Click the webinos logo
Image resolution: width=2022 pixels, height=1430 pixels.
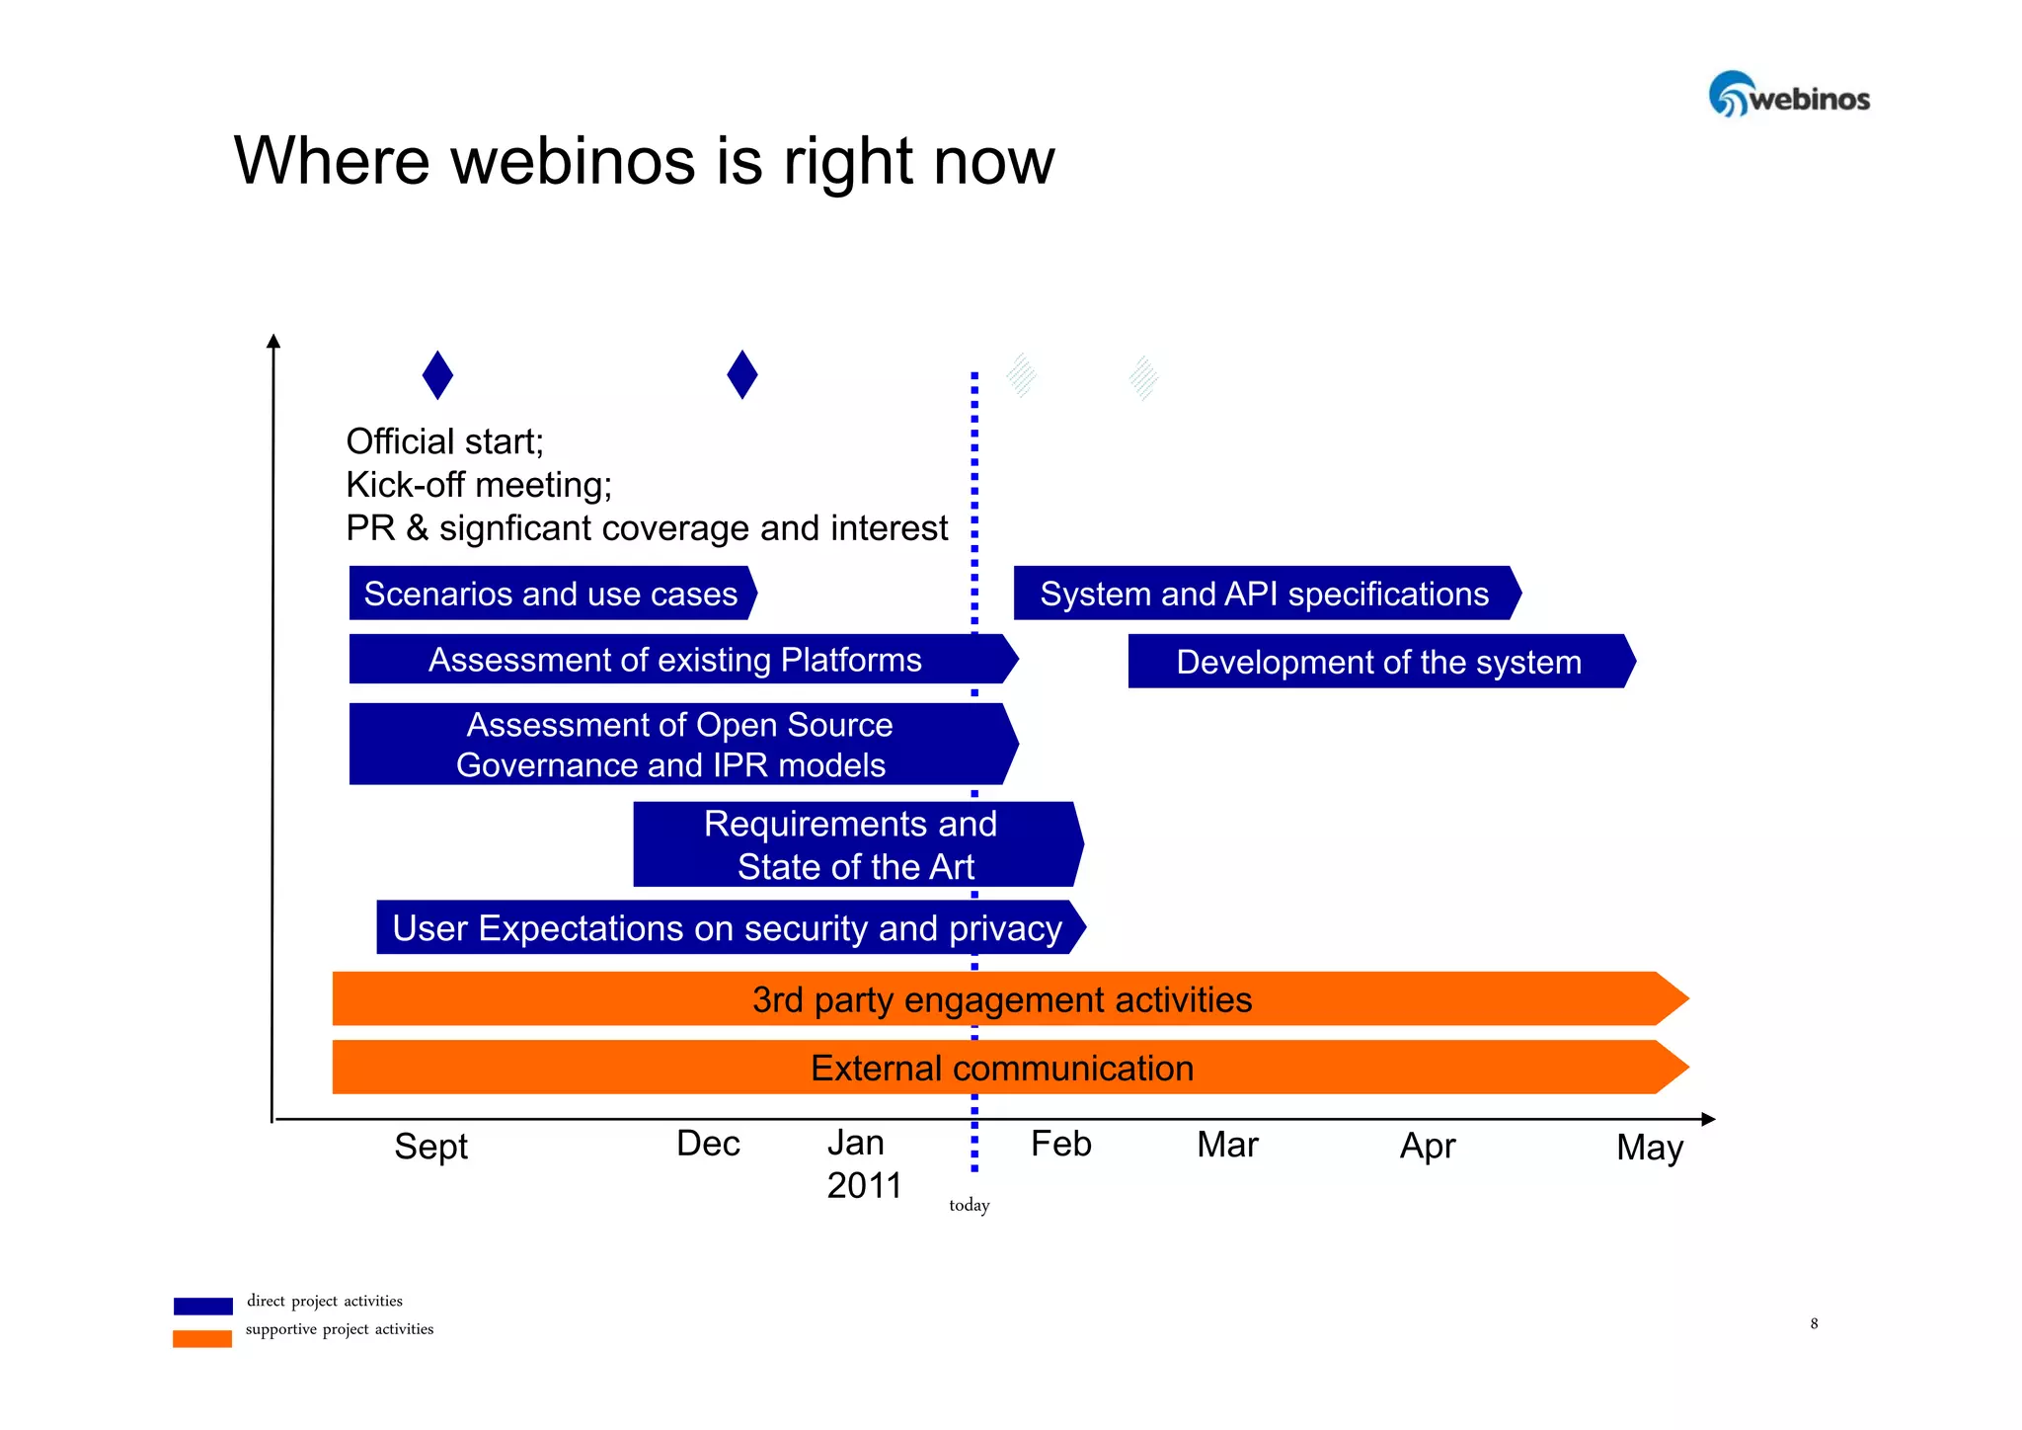(x=1788, y=95)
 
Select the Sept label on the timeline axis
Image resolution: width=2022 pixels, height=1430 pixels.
(x=430, y=1146)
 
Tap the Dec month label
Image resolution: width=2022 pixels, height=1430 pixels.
(x=708, y=1143)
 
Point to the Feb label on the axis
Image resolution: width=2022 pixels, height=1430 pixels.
(x=1060, y=1144)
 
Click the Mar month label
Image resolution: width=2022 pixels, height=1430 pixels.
(x=1226, y=1145)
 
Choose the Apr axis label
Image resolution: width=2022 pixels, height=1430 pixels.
(x=1427, y=1146)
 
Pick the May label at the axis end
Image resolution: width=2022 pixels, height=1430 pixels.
(x=1649, y=1148)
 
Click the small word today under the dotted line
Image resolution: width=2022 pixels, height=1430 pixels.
(x=969, y=1205)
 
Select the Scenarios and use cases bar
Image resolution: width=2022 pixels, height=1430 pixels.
(x=551, y=594)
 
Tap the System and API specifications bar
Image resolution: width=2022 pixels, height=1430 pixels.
(x=1264, y=594)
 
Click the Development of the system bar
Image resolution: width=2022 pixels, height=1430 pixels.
(x=1378, y=662)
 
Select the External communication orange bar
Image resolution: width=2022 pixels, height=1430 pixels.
(x=1002, y=1068)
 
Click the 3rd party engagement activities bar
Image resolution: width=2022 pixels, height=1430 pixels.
(x=1002, y=999)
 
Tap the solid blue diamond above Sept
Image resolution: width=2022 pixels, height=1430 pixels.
(x=437, y=375)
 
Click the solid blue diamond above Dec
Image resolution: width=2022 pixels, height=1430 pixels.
(x=741, y=374)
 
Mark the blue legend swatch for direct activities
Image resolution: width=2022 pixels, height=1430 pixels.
(x=202, y=1306)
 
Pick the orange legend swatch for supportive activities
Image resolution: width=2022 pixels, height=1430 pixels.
(x=202, y=1338)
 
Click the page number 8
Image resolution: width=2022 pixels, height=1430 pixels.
(x=1814, y=1323)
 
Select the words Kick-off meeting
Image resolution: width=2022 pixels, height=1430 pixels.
(x=479, y=485)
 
